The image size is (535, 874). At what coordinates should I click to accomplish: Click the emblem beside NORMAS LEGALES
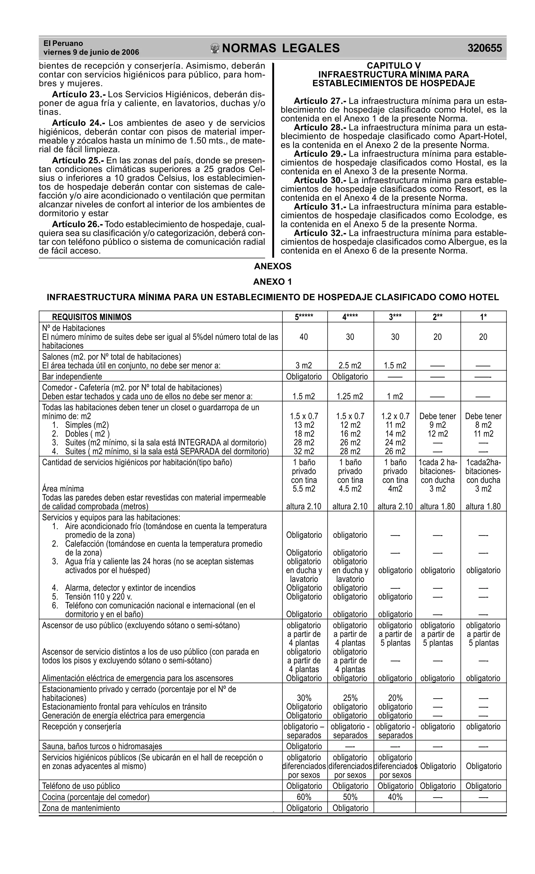point(215,49)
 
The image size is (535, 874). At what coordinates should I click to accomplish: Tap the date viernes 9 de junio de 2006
point(91,53)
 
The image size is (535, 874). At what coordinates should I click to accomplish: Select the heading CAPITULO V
point(393,66)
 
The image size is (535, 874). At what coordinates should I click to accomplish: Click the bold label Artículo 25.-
point(78,160)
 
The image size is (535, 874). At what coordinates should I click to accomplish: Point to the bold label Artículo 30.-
point(320,180)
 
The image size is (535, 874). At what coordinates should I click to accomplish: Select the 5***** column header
point(304,317)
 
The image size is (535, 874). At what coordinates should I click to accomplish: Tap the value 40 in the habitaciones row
point(304,337)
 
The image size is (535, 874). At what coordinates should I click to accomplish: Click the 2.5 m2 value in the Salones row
point(350,365)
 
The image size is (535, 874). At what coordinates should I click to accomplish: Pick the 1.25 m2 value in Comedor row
point(350,396)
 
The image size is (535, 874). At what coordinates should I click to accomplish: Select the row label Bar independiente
point(72,376)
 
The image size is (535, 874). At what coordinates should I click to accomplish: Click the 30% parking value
point(304,698)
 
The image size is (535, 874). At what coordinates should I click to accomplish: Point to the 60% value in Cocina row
point(304,797)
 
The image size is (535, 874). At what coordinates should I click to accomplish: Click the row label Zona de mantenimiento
point(81,808)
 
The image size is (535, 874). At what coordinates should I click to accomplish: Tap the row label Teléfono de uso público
point(81,786)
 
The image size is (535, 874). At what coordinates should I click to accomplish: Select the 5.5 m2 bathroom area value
point(304,489)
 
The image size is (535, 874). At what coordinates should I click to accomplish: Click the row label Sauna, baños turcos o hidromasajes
point(102,746)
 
